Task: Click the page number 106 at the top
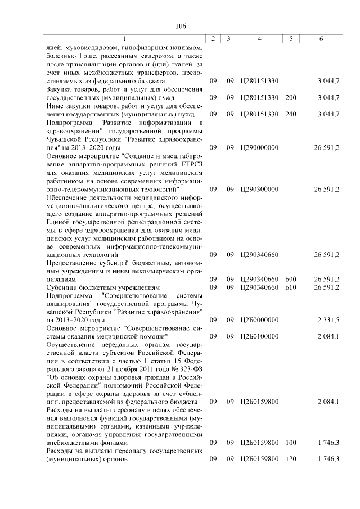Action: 181,26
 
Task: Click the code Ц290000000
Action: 259,147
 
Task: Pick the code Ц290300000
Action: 259,190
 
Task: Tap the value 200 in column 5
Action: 291,98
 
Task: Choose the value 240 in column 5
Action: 291,114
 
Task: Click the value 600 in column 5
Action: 291,279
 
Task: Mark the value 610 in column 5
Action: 291,287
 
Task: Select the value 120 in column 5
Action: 291,459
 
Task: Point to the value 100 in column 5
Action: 291,443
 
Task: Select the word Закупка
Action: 61,90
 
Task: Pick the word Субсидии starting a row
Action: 62,287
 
